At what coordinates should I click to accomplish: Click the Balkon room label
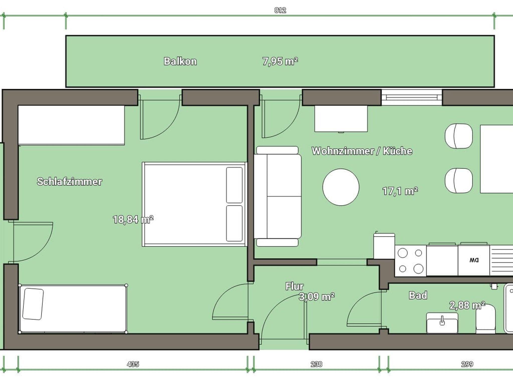180,61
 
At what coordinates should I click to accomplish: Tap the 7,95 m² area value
280,61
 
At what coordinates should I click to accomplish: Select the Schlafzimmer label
69,181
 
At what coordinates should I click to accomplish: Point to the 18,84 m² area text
133,220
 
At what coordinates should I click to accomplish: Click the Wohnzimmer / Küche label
362,151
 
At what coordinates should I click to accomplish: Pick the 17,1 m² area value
400,191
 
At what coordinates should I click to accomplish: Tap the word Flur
294,286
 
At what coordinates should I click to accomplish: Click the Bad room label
418,295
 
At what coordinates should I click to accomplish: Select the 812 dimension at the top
280,10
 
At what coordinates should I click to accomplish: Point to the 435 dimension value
133,364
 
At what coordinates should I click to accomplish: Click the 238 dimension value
316,364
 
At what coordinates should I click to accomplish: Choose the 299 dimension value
467,364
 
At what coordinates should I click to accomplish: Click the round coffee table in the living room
341,187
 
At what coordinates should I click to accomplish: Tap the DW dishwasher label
474,260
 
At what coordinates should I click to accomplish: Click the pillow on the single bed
33,304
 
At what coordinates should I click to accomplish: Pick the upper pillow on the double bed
234,185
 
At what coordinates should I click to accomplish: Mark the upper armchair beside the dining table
459,136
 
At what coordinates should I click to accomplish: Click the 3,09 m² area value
317,297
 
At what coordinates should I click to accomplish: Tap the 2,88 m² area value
467,305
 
